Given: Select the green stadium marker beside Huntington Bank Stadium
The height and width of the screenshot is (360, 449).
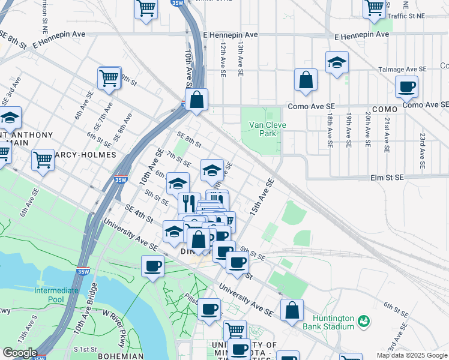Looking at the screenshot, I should pyautogui.click(x=363, y=322).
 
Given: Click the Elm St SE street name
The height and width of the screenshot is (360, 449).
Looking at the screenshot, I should pyautogui.click(x=385, y=178).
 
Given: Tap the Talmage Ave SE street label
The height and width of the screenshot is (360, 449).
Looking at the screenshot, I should pyautogui.click(x=402, y=70).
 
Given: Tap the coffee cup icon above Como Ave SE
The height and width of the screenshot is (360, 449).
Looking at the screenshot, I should pyautogui.click(x=406, y=87).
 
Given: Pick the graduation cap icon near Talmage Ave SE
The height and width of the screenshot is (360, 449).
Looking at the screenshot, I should pyautogui.click(x=337, y=63).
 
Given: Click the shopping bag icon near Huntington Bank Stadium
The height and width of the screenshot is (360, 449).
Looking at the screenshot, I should pyautogui.click(x=292, y=311).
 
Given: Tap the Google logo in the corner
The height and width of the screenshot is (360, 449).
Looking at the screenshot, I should pyautogui.click(x=19, y=353).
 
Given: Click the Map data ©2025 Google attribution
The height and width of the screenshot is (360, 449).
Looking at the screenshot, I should pyautogui.click(x=412, y=355).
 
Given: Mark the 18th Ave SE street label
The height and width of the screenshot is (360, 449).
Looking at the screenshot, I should pyautogui.click(x=330, y=130).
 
